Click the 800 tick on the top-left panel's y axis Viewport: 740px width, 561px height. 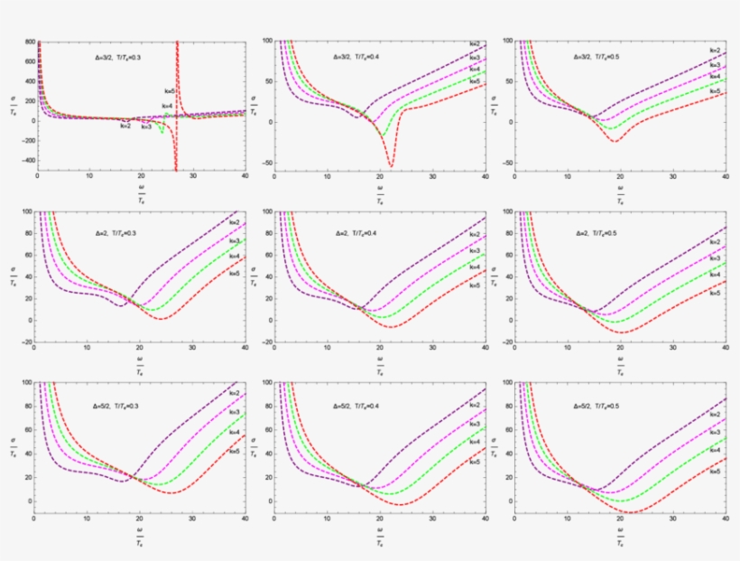tap(29, 42)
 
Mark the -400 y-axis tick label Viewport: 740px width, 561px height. tap(27, 160)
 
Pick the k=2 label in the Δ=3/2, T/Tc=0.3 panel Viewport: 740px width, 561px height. tap(125, 126)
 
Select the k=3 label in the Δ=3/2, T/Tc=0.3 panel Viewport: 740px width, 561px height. tap(146, 127)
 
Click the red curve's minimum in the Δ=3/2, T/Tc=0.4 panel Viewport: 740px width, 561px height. tap(391, 165)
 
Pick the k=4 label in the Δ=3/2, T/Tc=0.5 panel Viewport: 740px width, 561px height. tap(715, 79)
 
